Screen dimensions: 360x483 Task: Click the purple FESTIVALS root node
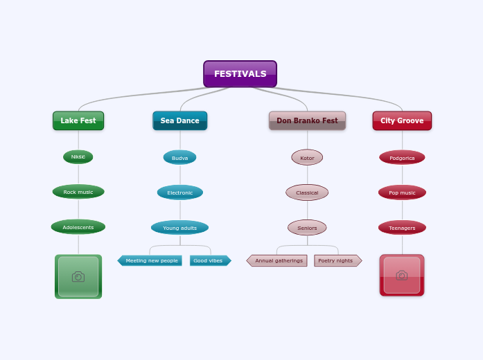(x=240, y=74)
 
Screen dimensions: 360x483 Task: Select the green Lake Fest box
(x=78, y=120)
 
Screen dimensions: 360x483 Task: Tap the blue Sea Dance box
(x=179, y=120)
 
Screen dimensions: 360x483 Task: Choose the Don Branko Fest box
(x=307, y=120)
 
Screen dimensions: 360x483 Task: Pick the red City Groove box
(x=402, y=120)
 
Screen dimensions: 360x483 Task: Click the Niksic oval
(x=78, y=157)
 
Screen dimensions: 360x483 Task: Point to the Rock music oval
(x=78, y=192)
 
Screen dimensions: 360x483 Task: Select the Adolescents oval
(x=78, y=227)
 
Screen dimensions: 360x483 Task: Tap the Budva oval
(x=179, y=158)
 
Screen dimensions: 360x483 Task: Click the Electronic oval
(x=179, y=192)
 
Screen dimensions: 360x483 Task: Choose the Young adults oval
(x=179, y=228)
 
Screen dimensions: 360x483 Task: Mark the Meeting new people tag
(x=151, y=261)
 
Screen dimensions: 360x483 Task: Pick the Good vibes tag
(x=209, y=261)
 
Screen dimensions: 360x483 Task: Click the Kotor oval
(x=307, y=158)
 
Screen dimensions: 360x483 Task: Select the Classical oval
(x=307, y=192)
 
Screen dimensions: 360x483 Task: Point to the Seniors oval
(x=307, y=228)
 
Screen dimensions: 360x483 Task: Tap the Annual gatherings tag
(x=278, y=261)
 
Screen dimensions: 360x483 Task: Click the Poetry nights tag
(x=337, y=261)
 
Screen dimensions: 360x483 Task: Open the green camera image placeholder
(x=78, y=277)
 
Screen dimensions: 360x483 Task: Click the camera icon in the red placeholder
(x=402, y=276)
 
